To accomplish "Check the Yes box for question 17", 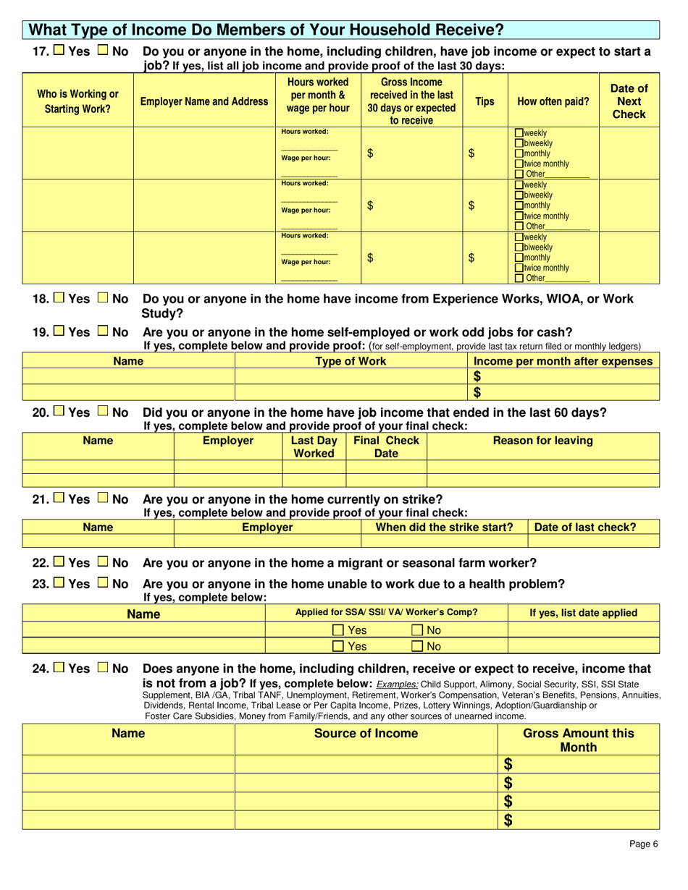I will point(59,52).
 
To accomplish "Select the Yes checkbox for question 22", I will point(59,563).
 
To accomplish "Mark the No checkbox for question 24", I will point(102,669).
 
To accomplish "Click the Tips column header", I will point(484,101).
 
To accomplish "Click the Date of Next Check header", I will point(629,101).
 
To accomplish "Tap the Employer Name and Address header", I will point(204,102).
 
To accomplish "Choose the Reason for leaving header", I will point(542,441).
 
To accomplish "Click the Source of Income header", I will point(366,734).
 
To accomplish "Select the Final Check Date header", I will point(385,446).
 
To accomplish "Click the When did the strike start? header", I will point(444,527).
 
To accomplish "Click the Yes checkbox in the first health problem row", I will point(338,630).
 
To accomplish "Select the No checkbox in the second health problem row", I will point(419,646).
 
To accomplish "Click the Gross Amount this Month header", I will point(579,740).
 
